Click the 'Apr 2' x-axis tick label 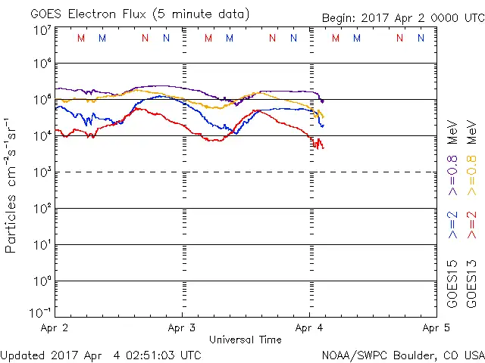click(55, 327)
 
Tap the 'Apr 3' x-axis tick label click(182, 327)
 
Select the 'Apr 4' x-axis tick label click(308, 327)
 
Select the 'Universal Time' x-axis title click(246, 340)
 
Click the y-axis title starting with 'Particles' click(11, 185)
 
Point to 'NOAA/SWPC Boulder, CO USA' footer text click(402, 355)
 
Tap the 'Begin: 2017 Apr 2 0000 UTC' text click(402, 17)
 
